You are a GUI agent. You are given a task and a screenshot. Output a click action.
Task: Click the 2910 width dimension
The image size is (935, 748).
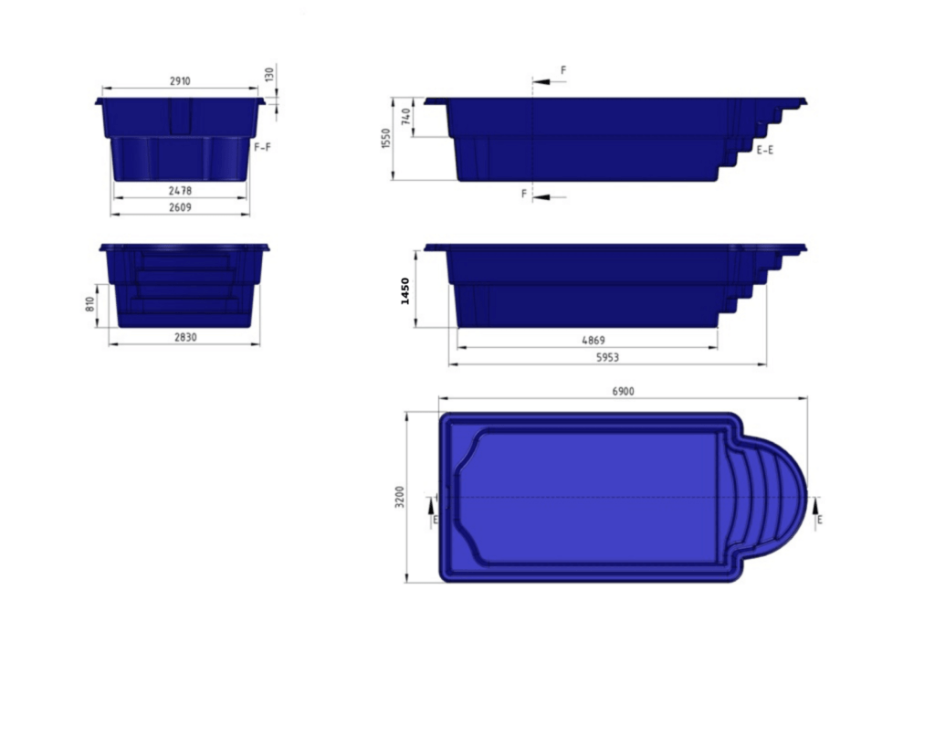coord(180,81)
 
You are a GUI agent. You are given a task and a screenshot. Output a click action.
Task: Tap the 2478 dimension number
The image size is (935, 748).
coord(180,191)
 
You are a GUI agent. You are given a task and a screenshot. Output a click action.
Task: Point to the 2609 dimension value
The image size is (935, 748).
coord(180,207)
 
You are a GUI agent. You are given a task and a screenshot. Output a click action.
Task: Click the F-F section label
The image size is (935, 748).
coord(261,145)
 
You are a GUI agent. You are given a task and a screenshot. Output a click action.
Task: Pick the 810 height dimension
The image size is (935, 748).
coord(90,304)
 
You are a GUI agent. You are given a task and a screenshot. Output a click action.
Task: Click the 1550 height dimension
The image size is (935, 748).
coord(386,139)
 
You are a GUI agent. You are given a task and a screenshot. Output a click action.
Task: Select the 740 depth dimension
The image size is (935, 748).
coord(406,117)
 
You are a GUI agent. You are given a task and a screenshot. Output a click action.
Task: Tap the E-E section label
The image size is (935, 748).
coord(765,150)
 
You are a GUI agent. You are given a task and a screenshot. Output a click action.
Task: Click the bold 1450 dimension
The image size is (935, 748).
coord(406,290)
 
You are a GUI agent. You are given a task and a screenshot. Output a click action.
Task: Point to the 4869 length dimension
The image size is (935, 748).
coord(594,341)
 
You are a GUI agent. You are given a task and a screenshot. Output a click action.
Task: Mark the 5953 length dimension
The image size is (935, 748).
coord(607,358)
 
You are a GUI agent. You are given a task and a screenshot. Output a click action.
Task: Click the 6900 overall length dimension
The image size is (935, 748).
coord(623,391)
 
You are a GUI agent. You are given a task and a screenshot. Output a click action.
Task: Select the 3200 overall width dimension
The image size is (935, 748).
coord(400,497)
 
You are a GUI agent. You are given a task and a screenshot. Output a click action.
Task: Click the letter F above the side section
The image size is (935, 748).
coord(563,69)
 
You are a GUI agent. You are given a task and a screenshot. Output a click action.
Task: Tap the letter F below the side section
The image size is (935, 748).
coord(524,194)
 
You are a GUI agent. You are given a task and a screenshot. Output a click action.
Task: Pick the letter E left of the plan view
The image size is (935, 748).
coord(435,519)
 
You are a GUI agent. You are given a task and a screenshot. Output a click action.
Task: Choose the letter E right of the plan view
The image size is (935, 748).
coord(819,519)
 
